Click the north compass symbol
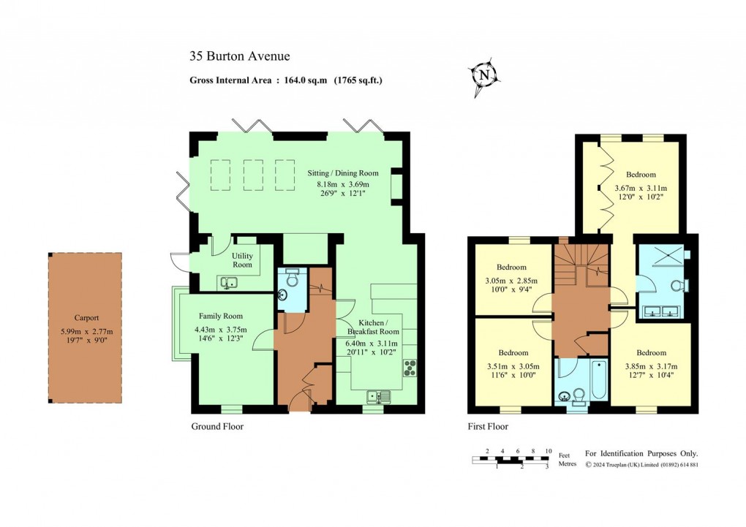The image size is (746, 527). pyautogui.click(x=483, y=75)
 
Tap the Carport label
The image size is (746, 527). pyautogui.click(x=86, y=318)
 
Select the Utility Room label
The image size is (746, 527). pyautogui.click(x=243, y=260)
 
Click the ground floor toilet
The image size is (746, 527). pyautogui.click(x=293, y=279)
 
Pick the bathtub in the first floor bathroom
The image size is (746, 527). pyautogui.click(x=598, y=381)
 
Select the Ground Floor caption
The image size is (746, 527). pyautogui.click(x=217, y=426)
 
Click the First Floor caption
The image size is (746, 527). pyautogui.click(x=488, y=426)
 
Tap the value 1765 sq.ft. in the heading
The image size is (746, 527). pyautogui.click(x=358, y=80)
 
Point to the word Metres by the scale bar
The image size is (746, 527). pyautogui.click(x=567, y=464)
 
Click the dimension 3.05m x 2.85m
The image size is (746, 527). pyautogui.click(x=510, y=281)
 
